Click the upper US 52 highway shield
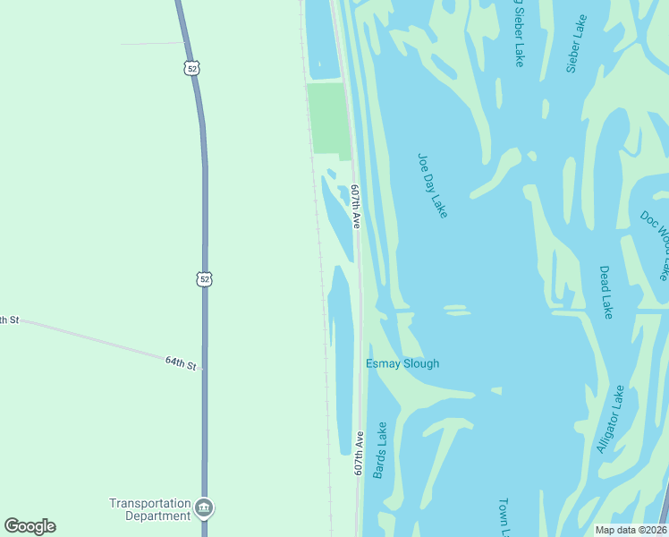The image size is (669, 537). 192,68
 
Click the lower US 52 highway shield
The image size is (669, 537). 205,279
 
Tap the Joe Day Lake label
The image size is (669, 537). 432,185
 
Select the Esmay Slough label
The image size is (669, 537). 402,363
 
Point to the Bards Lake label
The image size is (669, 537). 381,449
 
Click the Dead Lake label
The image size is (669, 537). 606,292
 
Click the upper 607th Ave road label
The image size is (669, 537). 356,207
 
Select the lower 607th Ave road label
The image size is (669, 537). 358,453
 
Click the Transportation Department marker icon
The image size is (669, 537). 205,507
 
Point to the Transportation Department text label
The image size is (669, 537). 150,509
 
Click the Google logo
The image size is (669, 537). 30,526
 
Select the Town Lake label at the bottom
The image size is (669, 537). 504,517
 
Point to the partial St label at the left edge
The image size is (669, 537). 8,320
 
